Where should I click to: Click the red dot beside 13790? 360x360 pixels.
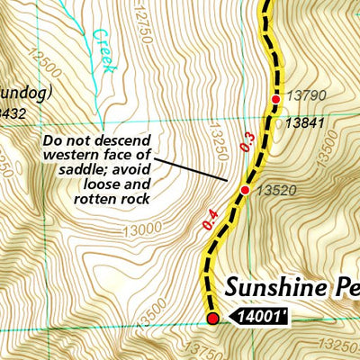pos(276,99)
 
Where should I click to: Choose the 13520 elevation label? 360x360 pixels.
pos(274,191)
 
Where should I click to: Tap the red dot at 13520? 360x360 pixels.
pos(245,190)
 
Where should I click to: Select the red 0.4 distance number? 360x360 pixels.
pos(211,219)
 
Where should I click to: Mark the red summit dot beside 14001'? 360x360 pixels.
pos(213,318)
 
